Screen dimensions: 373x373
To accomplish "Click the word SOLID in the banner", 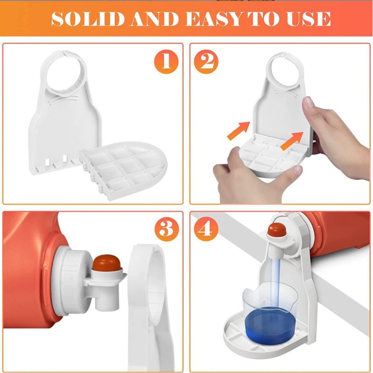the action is pos(88,19).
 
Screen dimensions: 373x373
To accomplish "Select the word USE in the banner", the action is pos(309,19).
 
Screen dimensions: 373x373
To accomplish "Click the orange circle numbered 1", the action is pos(166,61).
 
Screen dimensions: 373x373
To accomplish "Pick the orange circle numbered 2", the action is pos(206,61).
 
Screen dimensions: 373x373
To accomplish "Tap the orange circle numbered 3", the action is pos(166,229).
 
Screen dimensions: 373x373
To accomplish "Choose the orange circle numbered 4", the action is pos(206,229).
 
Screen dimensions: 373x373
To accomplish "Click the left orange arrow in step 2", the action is pos(239,131).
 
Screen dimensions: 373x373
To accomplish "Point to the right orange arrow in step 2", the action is pos(292,141).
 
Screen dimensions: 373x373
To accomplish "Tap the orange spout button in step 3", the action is pos(106,262).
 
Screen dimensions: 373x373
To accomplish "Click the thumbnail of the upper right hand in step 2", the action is pos(309,103).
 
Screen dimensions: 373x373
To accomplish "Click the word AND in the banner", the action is pos(155,19).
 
